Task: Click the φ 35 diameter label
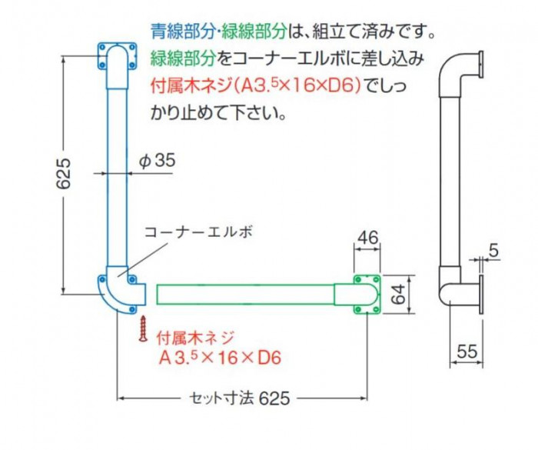click(158, 161)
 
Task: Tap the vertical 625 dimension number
click(64, 174)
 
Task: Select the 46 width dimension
click(367, 238)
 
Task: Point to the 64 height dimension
click(398, 295)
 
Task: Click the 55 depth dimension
click(467, 352)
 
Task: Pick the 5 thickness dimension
click(493, 251)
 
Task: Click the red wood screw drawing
click(143, 329)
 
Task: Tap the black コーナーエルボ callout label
click(198, 232)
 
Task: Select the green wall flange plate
click(367, 295)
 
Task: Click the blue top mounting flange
click(118, 57)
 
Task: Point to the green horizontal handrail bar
click(246, 295)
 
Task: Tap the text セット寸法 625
click(240, 398)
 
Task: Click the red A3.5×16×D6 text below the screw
click(220, 358)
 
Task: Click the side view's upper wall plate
click(481, 65)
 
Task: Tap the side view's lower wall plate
click(481, 294)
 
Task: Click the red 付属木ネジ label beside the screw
click(195, 338)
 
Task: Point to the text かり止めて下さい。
click(218, 112)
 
